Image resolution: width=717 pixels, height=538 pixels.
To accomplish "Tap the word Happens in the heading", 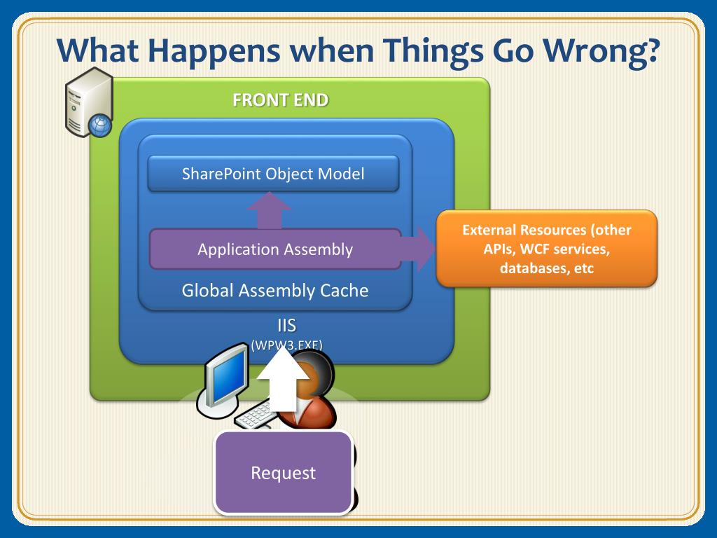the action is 214,51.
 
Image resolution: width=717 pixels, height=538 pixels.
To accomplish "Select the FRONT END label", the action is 280,99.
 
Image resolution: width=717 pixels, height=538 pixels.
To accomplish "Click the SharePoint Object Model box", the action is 274,174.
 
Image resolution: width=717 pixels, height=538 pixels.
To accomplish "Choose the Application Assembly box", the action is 275,249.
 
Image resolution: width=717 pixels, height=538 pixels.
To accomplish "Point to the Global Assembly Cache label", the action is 274,291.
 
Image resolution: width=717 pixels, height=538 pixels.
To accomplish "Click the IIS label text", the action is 286,325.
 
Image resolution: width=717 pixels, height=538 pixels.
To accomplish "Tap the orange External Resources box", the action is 546,249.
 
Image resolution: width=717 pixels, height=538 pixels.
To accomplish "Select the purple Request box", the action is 284,473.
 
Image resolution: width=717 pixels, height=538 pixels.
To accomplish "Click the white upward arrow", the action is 283,378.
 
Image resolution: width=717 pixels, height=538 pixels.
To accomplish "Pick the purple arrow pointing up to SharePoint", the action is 269,211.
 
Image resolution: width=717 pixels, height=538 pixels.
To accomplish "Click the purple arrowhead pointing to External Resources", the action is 425,249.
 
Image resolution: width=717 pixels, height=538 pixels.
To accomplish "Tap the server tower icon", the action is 89,102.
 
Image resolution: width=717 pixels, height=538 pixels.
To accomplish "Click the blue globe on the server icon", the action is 99,126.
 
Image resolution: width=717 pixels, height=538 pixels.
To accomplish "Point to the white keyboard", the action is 254,416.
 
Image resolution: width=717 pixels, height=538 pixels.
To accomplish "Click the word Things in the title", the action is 433,51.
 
